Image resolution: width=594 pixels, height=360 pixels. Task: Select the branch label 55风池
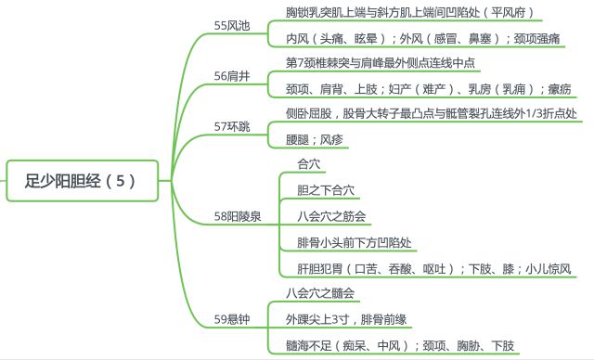(x=232, y=26)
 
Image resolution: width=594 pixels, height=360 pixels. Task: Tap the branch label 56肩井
(x=232, y=76)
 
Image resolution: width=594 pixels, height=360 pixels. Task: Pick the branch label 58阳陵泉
(x=239, y=217)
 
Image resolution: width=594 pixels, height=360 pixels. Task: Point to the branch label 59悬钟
(x=232, y=319)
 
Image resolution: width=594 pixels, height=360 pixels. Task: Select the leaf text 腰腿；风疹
(x=318, y=139)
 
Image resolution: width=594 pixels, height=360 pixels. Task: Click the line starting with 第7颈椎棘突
(x=381, y=63)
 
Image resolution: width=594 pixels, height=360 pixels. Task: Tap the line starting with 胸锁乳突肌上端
(x=409, y=13)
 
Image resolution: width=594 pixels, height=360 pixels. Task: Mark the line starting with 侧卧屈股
(x=431, y=113)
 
